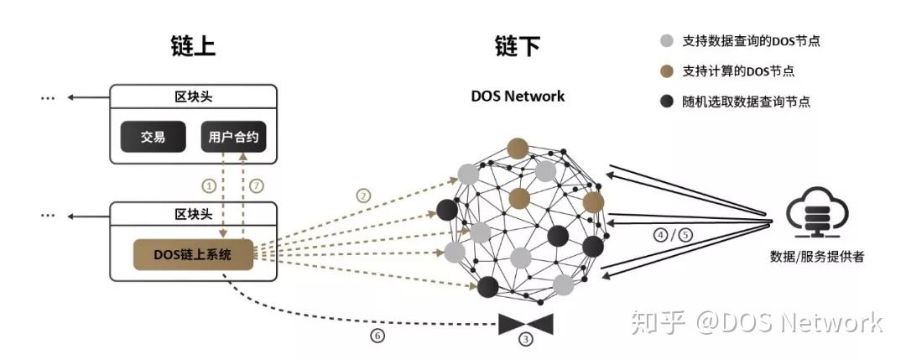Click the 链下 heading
coord(517,45)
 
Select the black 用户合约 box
coord(234,137)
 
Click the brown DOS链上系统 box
coord(192,253)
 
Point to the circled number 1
coord(210,185)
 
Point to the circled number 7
coord(257,185)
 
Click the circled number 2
coord(363,196)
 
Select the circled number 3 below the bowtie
coord(526,340)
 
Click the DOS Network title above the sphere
coord(517,96)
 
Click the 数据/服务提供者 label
coord(816,257)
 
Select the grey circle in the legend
coord(667,40)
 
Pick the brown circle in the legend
coord(667,71)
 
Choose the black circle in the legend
coord(667,102)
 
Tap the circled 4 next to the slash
coord(661,235)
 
